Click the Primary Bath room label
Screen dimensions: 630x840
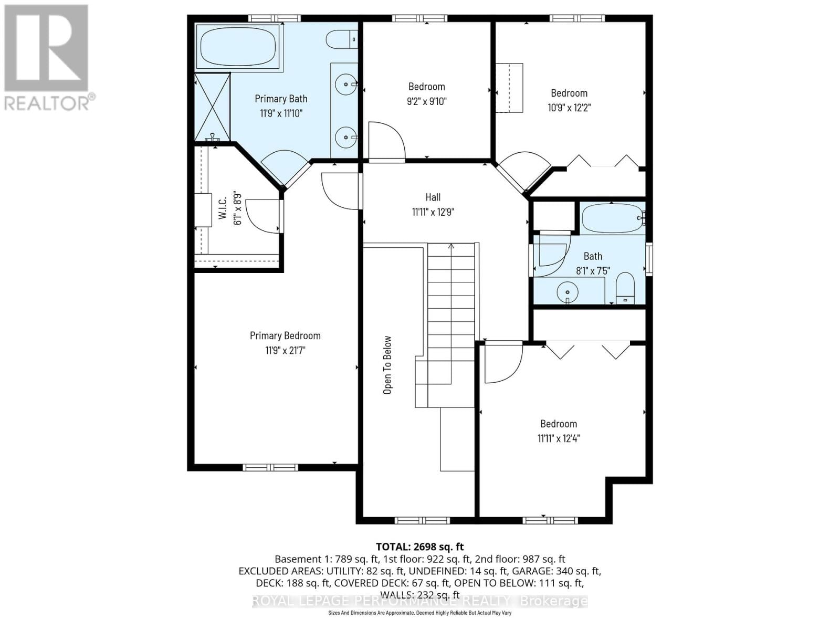281,99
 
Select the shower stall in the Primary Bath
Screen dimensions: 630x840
212,107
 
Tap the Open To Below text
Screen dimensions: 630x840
387,365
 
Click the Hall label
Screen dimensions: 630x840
433,197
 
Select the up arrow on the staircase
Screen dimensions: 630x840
450,247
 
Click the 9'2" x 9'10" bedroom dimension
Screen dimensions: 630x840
426,101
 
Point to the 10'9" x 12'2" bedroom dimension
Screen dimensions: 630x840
569,108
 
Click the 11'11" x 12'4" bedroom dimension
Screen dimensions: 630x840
558,438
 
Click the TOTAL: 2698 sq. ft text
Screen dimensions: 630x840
419,547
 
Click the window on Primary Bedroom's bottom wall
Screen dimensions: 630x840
270,467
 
